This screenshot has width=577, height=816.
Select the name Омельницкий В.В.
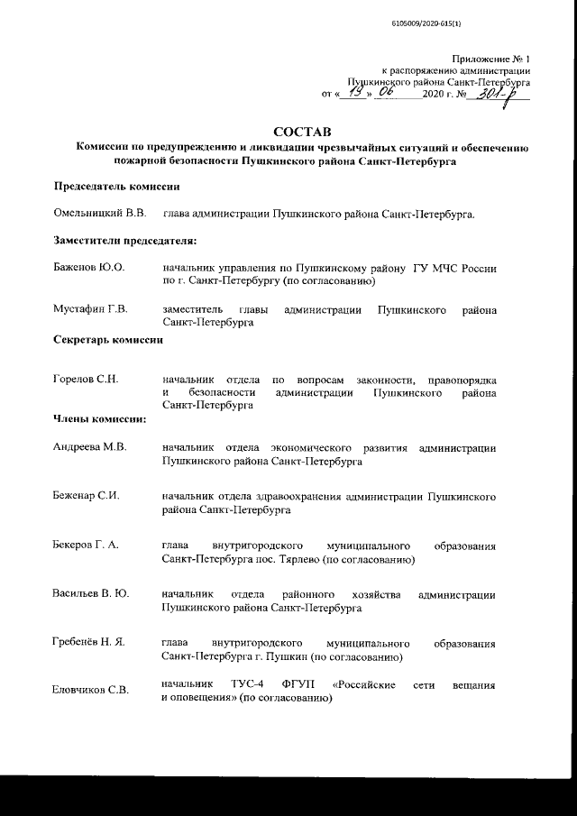[99, 214]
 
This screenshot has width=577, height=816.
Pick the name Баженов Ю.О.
[88, 268]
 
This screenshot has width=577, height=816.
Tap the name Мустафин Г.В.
[91, 309]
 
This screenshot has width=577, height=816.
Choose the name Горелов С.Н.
[87, 380]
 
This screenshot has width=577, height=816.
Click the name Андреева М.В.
[91, 447]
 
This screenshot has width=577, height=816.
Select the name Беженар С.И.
[87, 497]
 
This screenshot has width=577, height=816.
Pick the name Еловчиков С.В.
[91, 691]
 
